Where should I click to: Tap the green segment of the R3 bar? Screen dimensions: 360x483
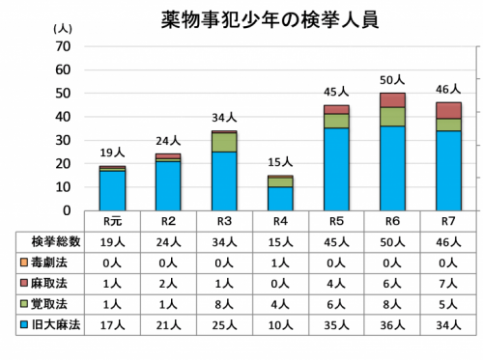point(225,142)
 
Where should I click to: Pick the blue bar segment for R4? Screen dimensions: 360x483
point(281,198)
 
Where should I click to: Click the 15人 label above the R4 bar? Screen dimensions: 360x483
point(281,164)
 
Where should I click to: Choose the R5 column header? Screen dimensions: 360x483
point(336,221)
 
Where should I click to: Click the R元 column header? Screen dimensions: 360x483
point(112,221)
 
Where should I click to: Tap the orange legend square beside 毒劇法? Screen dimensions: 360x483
point(24,263)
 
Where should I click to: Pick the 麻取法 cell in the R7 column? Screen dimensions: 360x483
point(448,284)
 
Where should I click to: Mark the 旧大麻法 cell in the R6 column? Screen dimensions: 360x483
point(392,327)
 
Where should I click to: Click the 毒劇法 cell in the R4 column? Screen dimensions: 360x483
point(280,263)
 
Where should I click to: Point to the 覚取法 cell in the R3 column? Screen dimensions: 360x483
point(224,305)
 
